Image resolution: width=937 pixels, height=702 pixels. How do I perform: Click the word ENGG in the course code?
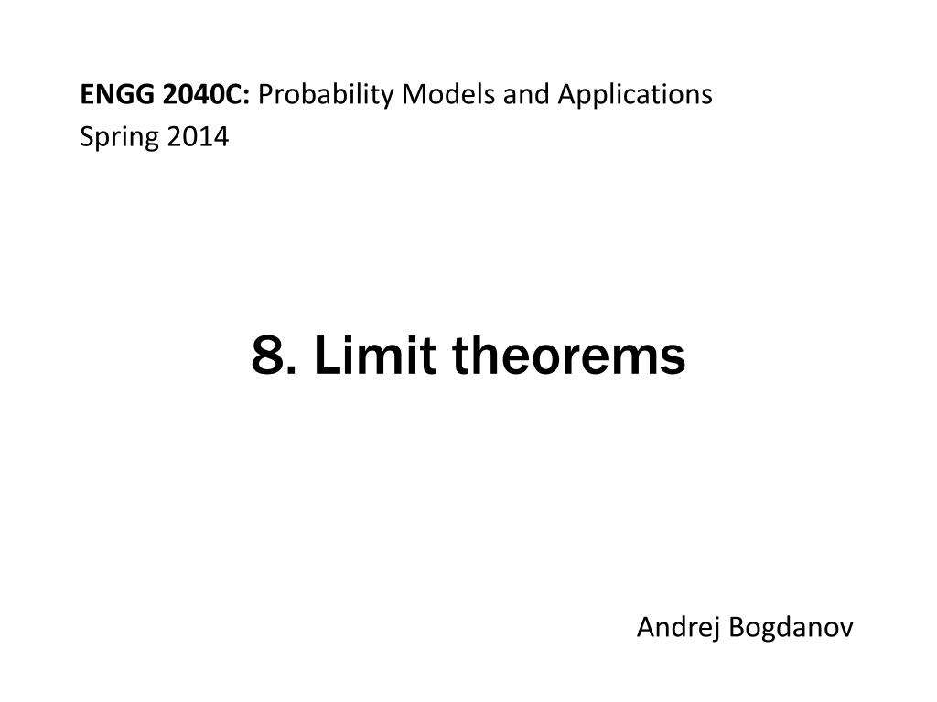(x=117, y=94)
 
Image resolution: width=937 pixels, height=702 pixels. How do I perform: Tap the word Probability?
(x=326, y=95)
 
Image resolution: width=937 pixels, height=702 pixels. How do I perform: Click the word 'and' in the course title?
(x=526, y=94)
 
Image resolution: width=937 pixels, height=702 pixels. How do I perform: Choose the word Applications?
(x=635, y=95)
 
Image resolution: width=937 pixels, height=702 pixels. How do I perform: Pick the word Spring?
(x=120, y=138)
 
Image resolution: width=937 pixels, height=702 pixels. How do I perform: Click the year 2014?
(x=198, y=137)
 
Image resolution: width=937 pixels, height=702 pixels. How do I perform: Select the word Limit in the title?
(x=374, y=356)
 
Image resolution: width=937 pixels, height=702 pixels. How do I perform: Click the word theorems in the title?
(x=568, y=356)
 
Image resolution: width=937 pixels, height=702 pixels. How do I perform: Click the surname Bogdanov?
(x=792, y=628)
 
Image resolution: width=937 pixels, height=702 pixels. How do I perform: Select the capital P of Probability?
(x=266, y=94)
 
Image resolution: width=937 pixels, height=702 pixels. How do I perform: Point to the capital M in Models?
(x=415, y=94)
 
